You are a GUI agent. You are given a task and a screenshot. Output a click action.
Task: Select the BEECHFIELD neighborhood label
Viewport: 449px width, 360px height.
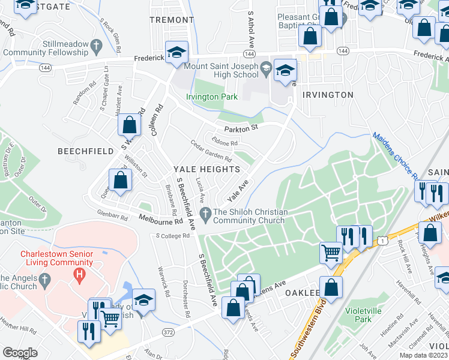[x=85, y=151]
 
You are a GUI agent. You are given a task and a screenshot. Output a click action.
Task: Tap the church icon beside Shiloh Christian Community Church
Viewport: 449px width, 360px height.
[x=205, y=212]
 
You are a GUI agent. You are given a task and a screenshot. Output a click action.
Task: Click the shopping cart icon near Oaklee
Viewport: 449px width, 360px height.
[x=331, y=253]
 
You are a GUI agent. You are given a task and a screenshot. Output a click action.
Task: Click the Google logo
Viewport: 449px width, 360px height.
[x=20, y=353]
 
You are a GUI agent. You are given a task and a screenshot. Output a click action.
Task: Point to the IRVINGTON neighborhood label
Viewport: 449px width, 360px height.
[x=328, y=95]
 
